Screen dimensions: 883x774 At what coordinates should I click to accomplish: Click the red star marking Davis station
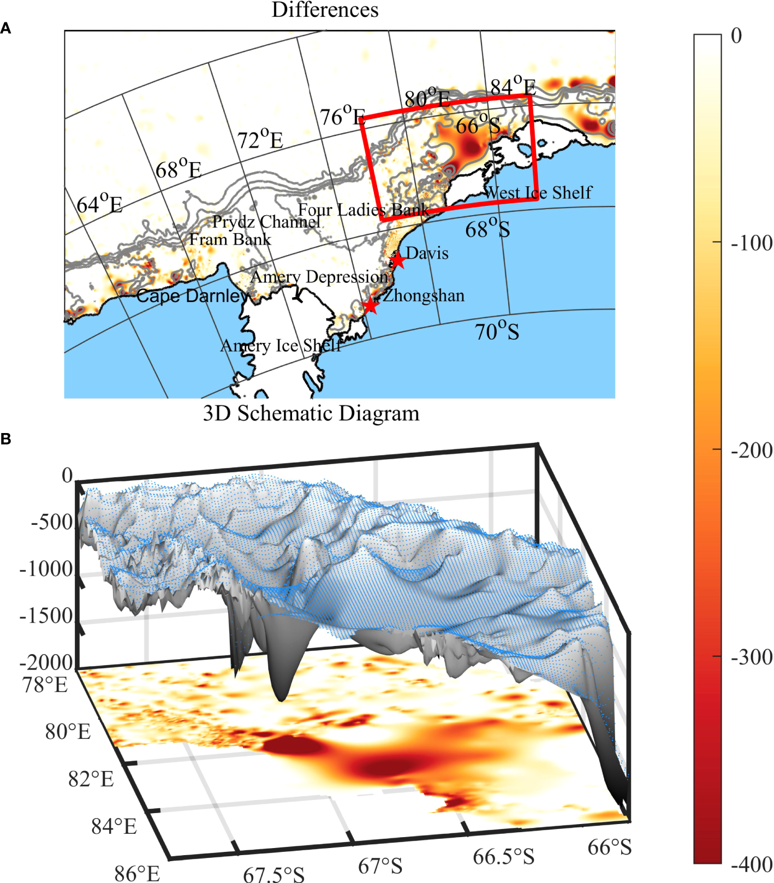pyautogui.click(x=398, y=260)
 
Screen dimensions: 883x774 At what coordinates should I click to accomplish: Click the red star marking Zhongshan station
pyautogui.click(x=371, y=305)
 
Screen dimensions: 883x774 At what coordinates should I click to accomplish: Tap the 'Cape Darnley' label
pyautogui.click(x=191, y=296)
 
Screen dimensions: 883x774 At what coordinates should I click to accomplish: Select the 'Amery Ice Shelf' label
pyautogui.click(x=281, y=346)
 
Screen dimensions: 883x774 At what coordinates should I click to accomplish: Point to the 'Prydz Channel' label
pyautogui.click(x=266, y=222)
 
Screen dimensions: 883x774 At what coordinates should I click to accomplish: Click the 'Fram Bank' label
pyautogui.click(x=230, y=240)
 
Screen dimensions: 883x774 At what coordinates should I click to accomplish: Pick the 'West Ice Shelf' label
pyautogui.click(x=538, y=193)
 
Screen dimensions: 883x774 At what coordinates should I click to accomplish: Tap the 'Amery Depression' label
pyautogui.click(x=319, y=277)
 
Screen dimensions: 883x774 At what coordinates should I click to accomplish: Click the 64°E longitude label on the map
pyautogui.click(x=99, y=205)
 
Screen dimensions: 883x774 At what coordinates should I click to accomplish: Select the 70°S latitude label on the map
pyautogui.click(x=497, y=331)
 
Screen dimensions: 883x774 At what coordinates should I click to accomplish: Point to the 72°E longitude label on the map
pyautogui.click(x=260, y=140)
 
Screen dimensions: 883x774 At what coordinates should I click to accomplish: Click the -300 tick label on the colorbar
pyautogui.click(x=752, y=657)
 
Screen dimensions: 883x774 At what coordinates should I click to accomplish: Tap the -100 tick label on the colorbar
pyautogui.click(x=752, y=243)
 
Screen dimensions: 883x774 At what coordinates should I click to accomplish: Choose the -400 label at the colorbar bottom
pyautogui.click(x=752, y=864)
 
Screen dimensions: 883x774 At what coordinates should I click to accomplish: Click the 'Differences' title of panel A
pyautogui.click(x=325, y=10)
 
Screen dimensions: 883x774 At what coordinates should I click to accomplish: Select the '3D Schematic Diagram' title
pyautogui.click(x=311, y=413)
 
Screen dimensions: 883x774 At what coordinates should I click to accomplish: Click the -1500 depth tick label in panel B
pyautogui.click(x=46, y=616)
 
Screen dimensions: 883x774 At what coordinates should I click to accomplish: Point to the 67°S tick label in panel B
pyautogui.click(x=380, y=866)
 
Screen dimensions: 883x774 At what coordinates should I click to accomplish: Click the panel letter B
pyautogui.click(x=6, y=439)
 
